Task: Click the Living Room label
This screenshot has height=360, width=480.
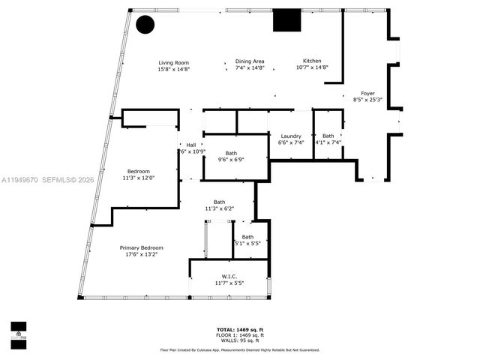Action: [x=173, y=62]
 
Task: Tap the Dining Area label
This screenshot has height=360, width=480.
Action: [x=250, y=61]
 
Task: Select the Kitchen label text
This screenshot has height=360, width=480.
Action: [x=312, y=61]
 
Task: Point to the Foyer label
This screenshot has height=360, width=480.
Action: [x=367, y=93]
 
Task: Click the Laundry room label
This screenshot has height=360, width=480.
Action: [x=290, y=136]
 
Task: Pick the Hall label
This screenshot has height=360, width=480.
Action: [x=191, y=145]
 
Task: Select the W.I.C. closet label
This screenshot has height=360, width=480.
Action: [x=229, y=276]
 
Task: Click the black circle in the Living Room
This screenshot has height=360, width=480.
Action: [x=145, y=24]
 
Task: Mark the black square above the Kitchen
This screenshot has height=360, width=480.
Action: [x=286, y=20]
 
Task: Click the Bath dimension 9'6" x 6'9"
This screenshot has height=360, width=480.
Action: [x=231, y=159]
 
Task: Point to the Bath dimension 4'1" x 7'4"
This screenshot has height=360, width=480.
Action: [x=328, y=142]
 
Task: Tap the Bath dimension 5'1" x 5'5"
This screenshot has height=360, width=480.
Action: [x=247, y=243]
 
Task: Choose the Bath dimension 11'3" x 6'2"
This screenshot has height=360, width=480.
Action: [x=219, y=208]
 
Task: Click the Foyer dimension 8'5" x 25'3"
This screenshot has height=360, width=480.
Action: [x=367, y=100]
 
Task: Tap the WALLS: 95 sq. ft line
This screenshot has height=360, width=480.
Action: [x=240, y=340]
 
